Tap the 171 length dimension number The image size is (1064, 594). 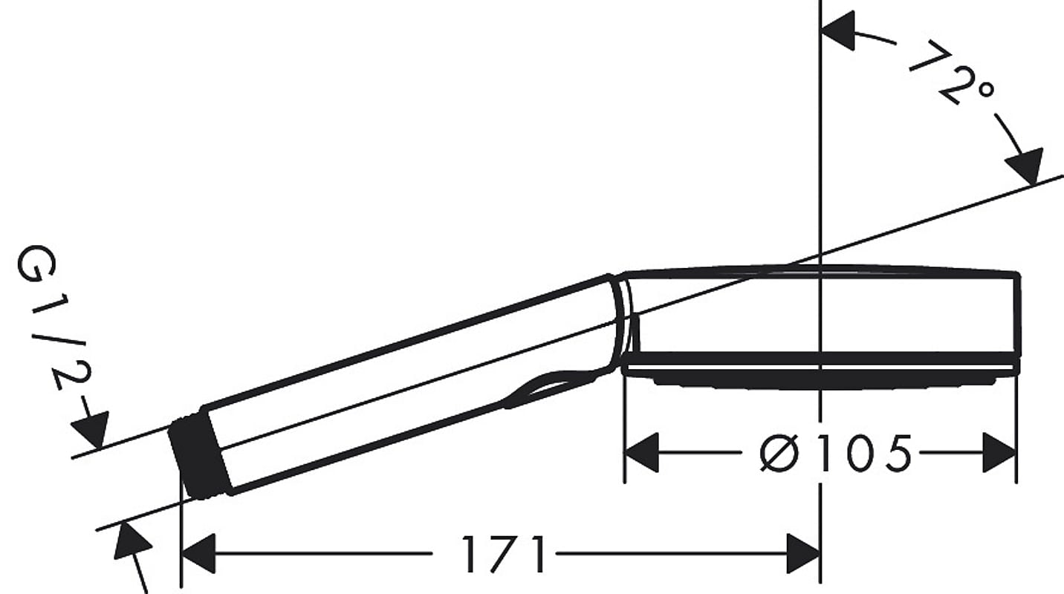[x=505, y=554]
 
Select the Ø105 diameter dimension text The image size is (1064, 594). [x=835, y=453]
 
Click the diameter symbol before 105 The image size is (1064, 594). [x=779, y=453]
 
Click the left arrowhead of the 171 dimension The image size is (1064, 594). [x=198, y=554]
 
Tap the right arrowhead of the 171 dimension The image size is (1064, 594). [x=803, y=554]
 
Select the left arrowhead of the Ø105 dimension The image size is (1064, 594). [x=640, y=453]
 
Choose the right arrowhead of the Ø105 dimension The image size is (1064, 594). [x=999, y=453]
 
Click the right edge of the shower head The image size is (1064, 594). [x=1017, y=319]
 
